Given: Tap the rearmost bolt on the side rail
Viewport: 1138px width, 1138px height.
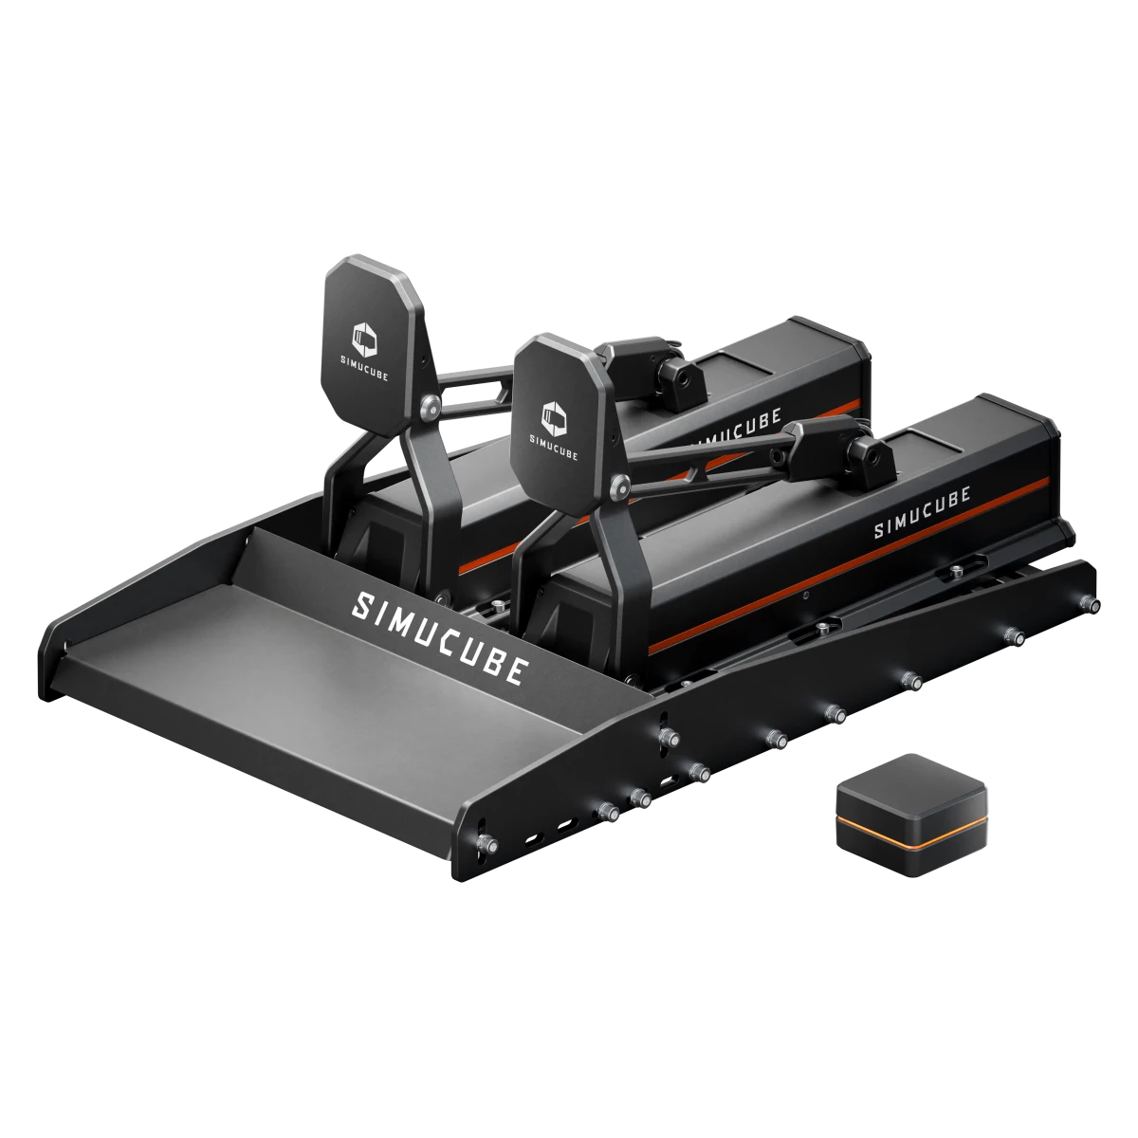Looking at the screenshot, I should (1095, 605).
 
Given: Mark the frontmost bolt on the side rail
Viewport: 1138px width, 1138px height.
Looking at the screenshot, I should (486, 842).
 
